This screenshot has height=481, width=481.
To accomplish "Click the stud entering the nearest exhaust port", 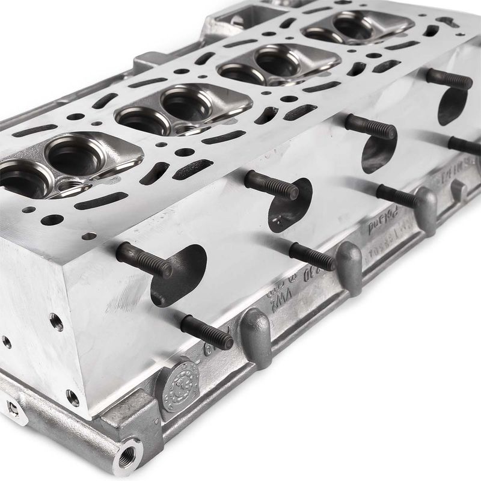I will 144,259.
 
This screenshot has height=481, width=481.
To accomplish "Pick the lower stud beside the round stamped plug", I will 207,333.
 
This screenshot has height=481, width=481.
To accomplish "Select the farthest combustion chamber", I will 355,27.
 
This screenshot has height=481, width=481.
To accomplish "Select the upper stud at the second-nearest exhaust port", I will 271,183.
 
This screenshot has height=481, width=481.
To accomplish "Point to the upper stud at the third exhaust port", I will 370,127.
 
